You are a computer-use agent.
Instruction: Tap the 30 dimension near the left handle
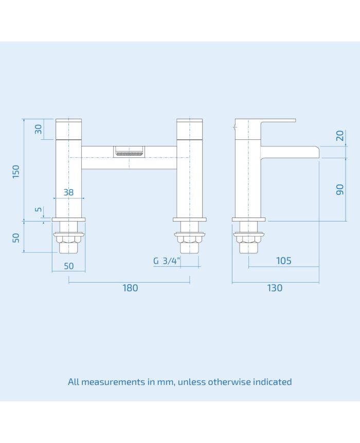tap(39, 129)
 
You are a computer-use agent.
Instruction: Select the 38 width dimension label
tap(68, 193)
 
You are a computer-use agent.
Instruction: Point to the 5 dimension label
tap(39, 210)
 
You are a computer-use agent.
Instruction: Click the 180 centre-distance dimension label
tap(130, 288)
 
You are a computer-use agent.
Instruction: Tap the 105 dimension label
tap(283, 261)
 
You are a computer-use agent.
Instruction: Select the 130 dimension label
tap(275, 288)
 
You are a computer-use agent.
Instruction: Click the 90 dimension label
tap(339, 189)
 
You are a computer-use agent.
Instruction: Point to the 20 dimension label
tap(339, 136)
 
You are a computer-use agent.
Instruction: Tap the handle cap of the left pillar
tap(68, 129)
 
